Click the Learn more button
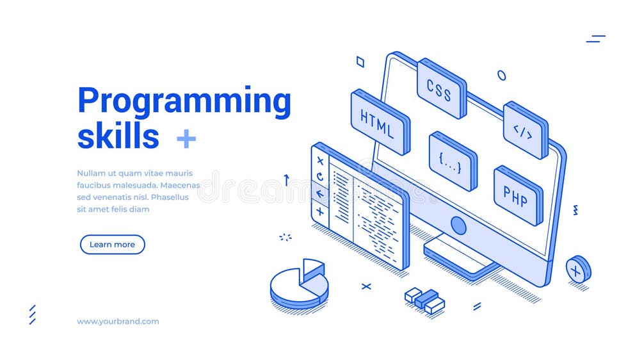pos(112,244)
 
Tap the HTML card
pos(380,122)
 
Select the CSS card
pos(441,89)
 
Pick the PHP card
pos(517,196)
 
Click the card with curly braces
pos(452,162)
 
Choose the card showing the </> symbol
pos(524,131)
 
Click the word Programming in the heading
pos(184,101)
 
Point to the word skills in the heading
pos(118,136)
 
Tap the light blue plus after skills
pos(186,138)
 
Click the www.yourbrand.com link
pos(118,322)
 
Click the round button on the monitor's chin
pos(458,225)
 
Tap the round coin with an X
pos(577,270)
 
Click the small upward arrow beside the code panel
pos(286,180)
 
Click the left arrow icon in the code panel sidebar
pos(319,193)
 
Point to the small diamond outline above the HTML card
pos(360,61)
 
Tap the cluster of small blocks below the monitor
pos(425,300)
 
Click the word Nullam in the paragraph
pos(90,173)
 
